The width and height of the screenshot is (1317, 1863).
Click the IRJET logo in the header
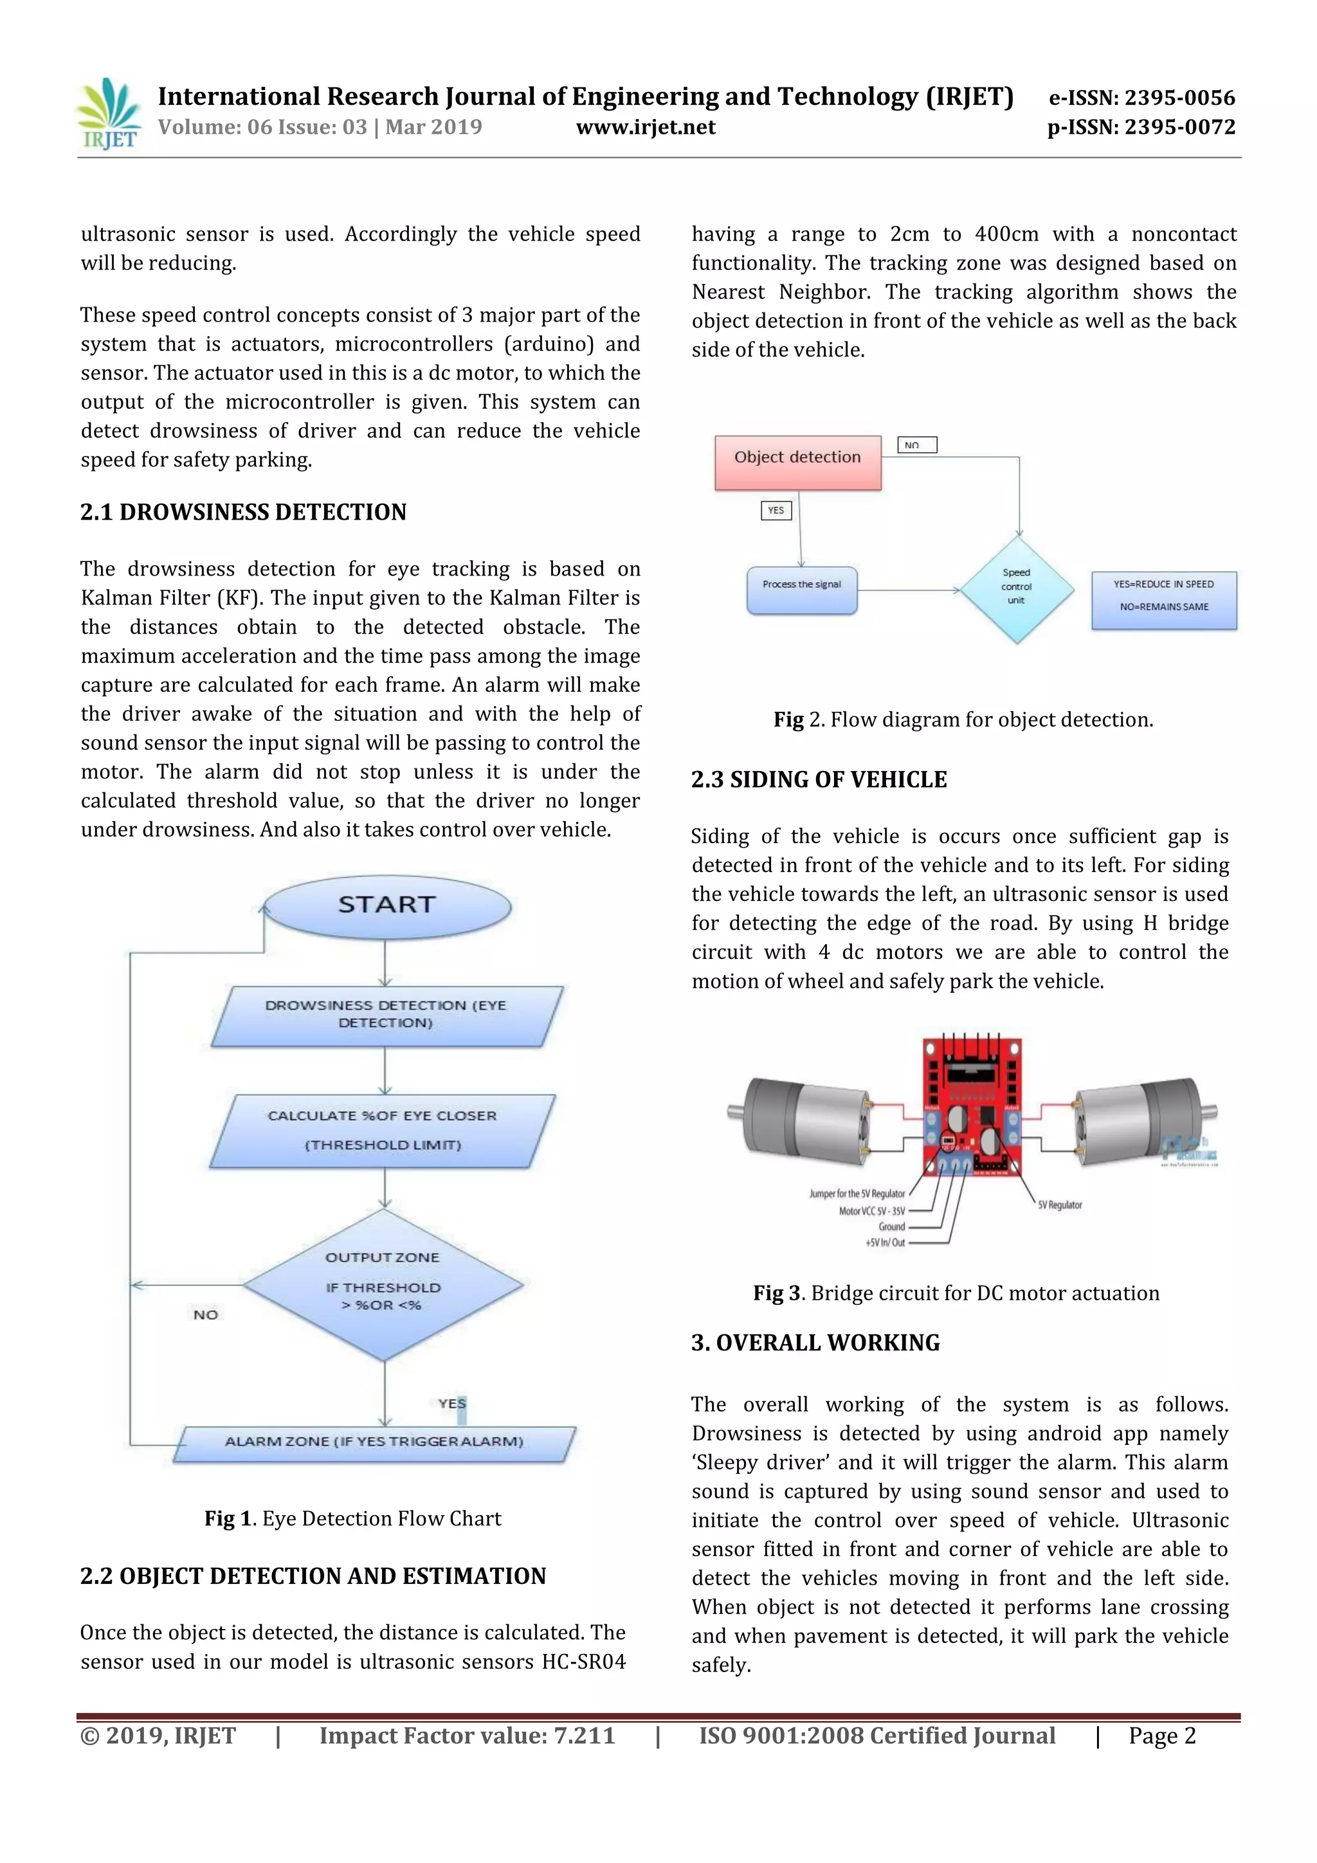click(109, 114)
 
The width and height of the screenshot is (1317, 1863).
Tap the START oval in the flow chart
click(387, 905)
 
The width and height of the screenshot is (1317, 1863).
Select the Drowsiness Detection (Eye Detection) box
click(386, 1015)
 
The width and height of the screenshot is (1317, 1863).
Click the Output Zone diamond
click(384, 1284)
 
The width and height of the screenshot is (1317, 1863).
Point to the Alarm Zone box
click(374, 1442)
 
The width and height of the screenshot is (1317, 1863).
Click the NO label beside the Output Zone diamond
click(205, 1314)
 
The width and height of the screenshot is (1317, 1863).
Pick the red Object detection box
click(797, 462)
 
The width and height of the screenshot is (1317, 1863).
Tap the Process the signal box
click(802, 589)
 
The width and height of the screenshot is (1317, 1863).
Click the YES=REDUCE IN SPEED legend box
click(1164, 599)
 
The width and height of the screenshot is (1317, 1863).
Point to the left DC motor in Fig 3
click(803, 1118)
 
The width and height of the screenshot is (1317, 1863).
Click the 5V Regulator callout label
click(1060, 1205)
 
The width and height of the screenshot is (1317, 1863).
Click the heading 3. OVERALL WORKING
click(815, 1343)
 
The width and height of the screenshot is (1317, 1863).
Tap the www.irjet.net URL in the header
click(646, 127)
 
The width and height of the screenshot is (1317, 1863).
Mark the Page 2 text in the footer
click(1162, 1736)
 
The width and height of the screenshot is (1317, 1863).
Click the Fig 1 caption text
click(353, 1518)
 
